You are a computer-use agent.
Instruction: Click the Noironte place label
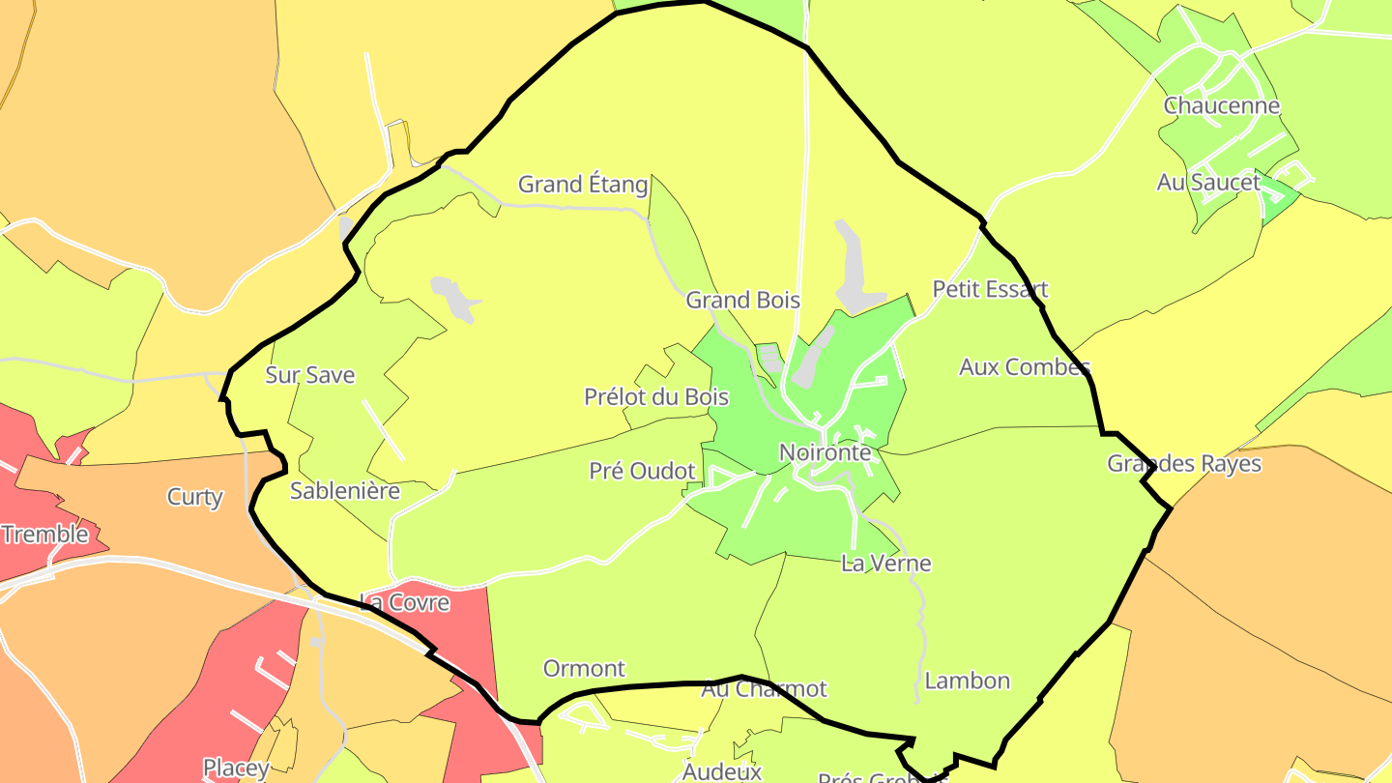click(x=825, y=452)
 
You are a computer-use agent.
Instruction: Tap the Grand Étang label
click(x=583, y=184)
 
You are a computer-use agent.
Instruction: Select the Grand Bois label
click(x=742, y=300)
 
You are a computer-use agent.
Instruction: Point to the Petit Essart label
click(x=990, y=289)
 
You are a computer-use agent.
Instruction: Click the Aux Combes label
click(x=1025, y=366)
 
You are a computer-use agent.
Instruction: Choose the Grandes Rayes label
click(x=1184, y=463)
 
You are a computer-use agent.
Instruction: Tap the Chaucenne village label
click(x=1222, y=105)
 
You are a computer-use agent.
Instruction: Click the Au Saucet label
click(x=1208, y=182)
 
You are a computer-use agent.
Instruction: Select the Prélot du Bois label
click(x=656, y=396)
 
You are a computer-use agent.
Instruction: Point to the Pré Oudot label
click(x=642, y=471)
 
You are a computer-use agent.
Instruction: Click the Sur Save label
click(x=310, y=375)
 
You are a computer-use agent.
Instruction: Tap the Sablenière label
click(x=345, y=491)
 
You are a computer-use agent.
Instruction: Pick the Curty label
click(x=195, y=497)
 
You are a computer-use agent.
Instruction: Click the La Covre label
click(x=404, y=602)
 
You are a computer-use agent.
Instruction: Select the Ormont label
click(x=584, y=668)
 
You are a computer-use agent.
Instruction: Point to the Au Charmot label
click(x=764, y=688)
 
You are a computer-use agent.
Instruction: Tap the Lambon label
click(x=967, y=681)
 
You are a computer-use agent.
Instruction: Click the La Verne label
click(x=885, y=563)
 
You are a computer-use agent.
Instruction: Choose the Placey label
click(x=236, y=768)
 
